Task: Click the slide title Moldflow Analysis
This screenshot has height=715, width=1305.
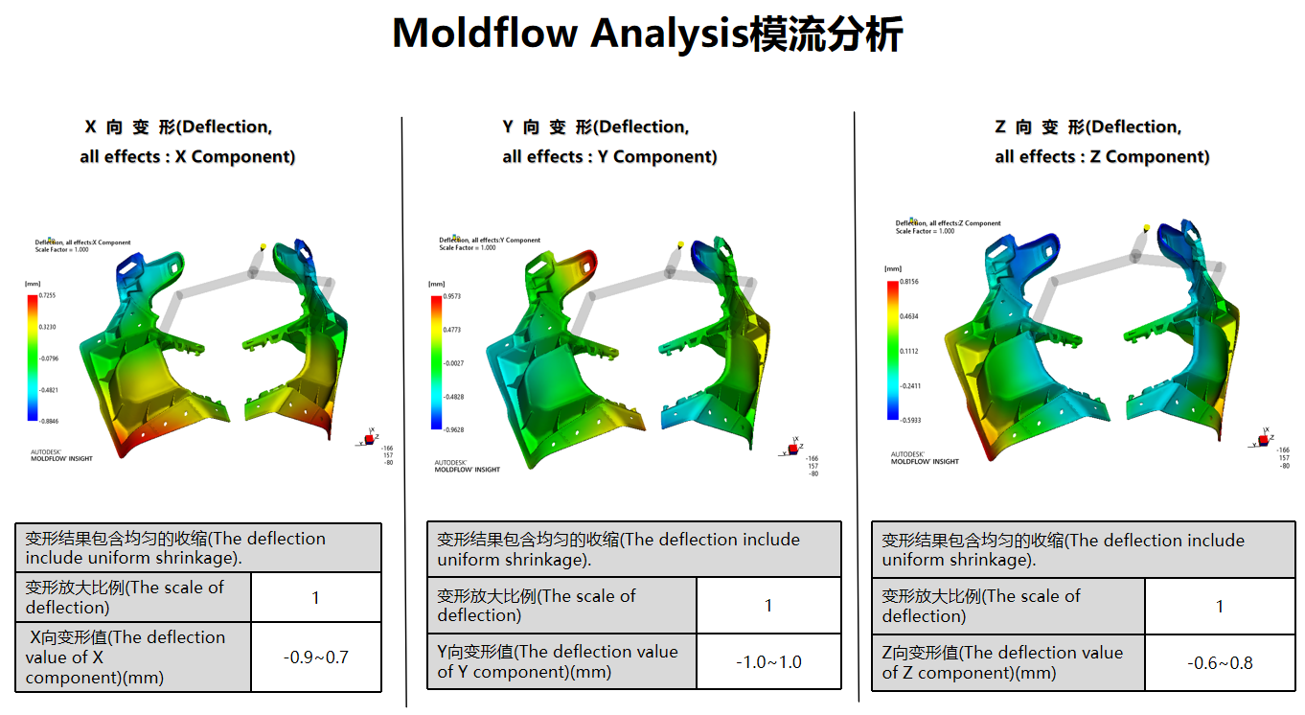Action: pyautogui.click(x=647, y=35)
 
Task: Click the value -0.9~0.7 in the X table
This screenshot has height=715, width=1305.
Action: pyautogui.click(x=315, y=657)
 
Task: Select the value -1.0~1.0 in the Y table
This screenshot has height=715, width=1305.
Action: pyautogui.click(x=767, y=661)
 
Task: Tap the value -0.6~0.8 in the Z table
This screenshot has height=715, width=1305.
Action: pyautogui.click(x=1219, y=662)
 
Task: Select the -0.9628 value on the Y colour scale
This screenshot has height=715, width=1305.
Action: pyautogui.click(x=454, y=429)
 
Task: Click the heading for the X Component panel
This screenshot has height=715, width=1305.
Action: pyautogui.click(x=188, y=142)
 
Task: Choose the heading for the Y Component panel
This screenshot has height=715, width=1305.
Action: pyautogui.click(x=609, y=142)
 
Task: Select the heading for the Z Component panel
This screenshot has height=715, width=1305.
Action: pyautogui.click(x=1102, y=142)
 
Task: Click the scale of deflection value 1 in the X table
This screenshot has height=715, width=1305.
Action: pyautogui.click(x=315, y=598)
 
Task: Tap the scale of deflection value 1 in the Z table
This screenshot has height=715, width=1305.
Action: pyautogui.click(x=1219, y=606)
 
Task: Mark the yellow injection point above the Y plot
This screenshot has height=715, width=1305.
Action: pyautogui.click(x=678, y=244)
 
